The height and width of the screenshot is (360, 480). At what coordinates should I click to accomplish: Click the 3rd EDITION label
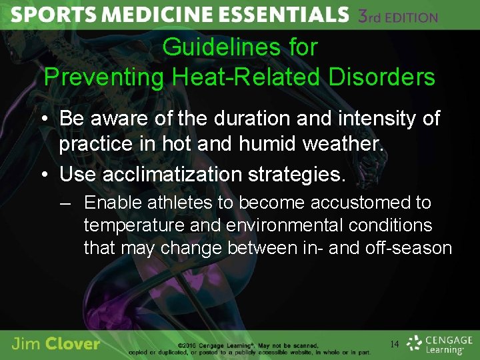tap(397, 16)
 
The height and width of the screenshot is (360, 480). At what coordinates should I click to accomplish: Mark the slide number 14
tap(395, 344)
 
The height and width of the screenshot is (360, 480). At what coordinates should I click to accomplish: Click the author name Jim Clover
tap(56, 344)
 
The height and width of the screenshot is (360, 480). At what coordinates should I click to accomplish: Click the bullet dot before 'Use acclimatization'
tap(44, 175)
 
